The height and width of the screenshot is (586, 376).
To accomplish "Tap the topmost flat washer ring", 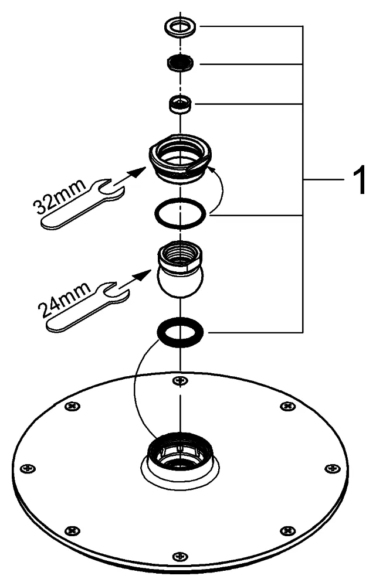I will (x=181, y=26).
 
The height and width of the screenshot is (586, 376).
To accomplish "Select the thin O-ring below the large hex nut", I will (x=180, y=214).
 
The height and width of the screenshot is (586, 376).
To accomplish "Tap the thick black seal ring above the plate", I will (x=180, y=332).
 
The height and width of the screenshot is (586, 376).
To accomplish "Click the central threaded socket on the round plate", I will (x=179, y=455).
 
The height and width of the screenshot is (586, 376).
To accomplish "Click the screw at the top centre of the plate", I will (x=180, y=381).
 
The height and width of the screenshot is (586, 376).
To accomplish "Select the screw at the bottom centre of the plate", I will (x=179, y=556).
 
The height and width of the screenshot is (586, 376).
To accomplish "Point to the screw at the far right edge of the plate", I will (x=332, y=468).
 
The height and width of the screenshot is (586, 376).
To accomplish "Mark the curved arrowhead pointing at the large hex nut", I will (x=212, y=169).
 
